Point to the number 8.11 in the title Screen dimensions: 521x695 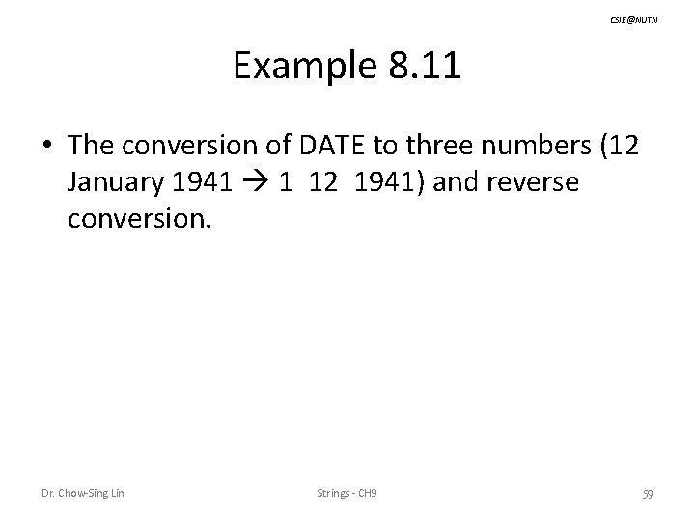point(424,68)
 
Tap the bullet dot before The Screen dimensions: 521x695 point(46,145)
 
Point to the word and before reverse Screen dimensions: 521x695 point(454,182)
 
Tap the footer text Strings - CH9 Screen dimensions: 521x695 point(347,495)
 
